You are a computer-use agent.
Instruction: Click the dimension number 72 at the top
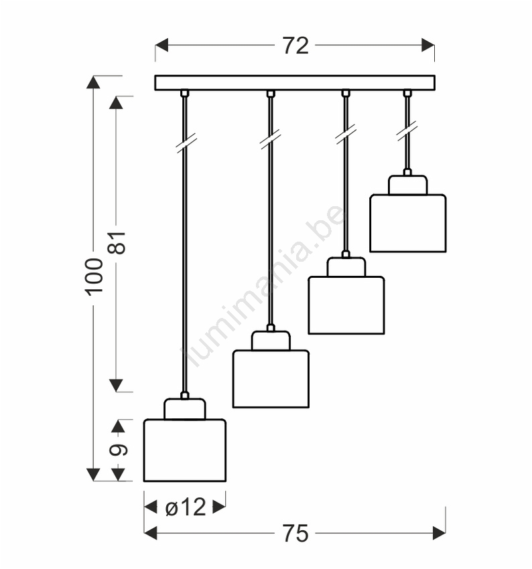pyautogui.click(x=295, y=46)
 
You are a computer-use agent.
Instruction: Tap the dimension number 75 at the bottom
pyautogui.click(x=295, y=534)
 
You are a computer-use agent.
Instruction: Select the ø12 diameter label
pyautogui.click(x=186, y=507)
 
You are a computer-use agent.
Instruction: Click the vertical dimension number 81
pyautogui.click(x=117, y=242)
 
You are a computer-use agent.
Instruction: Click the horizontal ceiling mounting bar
pyautogui.click(x=295, y=83)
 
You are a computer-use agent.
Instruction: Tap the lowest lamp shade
pyautogui.click(x=185, y=451)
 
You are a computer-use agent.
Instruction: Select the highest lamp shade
pyautogui.click(x=408, y=223)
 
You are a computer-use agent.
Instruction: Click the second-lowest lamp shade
pyautogui.click(x=271, y=379)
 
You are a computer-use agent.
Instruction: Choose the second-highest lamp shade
pyautogui.click(x=346, y=305)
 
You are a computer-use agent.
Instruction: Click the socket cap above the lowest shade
pyautogui.click(x=185, y=409)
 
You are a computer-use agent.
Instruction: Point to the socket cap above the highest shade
pyautogui.click(x=408, y=185)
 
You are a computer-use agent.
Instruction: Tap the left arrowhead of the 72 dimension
pyautogui.click(x=161, y=46)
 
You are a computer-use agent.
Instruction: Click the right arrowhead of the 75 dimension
pyautogui.click(x=440, y=533)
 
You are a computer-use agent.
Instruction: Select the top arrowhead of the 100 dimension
pyautogui.click(x=93, y=82)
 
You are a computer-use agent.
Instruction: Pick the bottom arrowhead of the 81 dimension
pyautogui.click(x=116, y=386)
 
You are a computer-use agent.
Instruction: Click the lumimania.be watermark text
pyautogui.click(x=262, y=286)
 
